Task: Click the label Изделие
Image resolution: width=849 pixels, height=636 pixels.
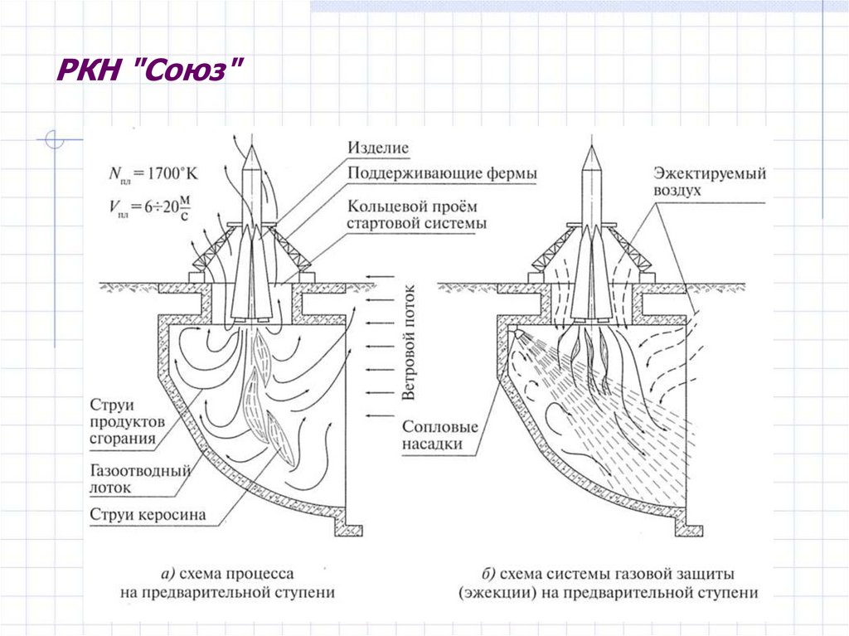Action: pos(379,149)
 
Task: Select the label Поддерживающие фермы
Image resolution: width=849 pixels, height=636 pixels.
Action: pos(442,173)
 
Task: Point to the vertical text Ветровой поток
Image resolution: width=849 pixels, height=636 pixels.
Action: pos(408,341)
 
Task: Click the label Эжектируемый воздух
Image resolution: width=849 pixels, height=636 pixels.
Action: pos(708,182)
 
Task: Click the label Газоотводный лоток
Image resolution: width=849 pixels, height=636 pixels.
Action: pos(140,478)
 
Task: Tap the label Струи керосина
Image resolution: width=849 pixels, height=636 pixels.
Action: pos(148,515)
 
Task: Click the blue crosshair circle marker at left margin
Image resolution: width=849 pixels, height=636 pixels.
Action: pos(55,140)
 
